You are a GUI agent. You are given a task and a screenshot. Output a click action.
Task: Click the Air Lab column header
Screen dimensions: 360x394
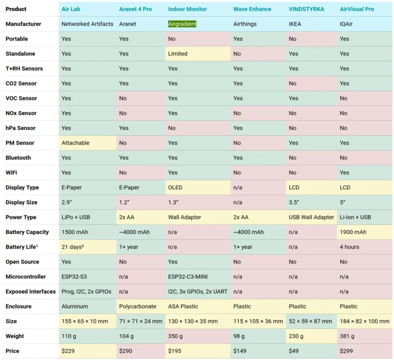coord(73,9)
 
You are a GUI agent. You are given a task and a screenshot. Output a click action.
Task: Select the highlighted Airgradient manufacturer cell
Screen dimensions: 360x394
coord(182,24)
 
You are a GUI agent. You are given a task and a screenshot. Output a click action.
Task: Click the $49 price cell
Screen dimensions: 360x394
coord(294,351)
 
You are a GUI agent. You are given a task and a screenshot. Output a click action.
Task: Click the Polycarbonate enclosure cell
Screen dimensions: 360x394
coord(137,306)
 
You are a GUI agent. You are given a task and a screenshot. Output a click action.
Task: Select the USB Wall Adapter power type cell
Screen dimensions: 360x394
coord(311,217)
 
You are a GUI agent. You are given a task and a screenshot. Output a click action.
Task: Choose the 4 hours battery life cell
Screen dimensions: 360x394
coord(350,247)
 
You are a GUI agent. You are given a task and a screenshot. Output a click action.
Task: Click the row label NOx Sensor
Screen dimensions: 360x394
coord(21,113)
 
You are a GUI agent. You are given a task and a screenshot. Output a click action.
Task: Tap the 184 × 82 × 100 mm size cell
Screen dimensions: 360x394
coord(364,321)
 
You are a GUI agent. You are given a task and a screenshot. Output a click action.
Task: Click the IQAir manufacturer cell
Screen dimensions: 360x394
coord(348,24)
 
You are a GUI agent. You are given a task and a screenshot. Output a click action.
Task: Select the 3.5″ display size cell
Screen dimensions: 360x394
coord(294,202)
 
